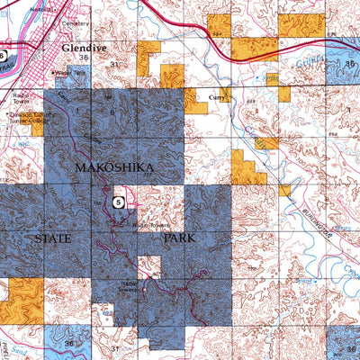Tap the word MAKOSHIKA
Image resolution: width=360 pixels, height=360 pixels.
pos(115,168)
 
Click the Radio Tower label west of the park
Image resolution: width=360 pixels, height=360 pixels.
pos(22,95)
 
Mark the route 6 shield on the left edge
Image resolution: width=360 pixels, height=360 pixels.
pos(3,55)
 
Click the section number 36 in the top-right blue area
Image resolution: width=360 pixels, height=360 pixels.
pos(350,64)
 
